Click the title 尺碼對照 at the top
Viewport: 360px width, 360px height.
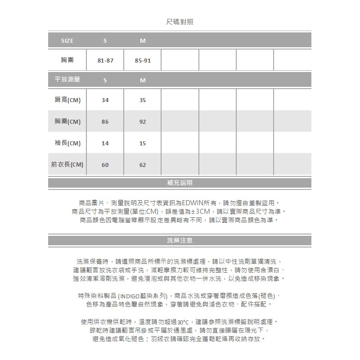[180, 22]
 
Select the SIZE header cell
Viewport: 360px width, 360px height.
[67, 40]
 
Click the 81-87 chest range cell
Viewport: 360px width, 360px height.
[105, 60]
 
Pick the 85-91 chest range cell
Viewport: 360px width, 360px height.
[143, 60]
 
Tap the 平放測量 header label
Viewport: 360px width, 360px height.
[67, 80]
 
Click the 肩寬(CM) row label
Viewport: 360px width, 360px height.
[67, 100]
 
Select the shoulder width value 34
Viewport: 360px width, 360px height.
[105, 100]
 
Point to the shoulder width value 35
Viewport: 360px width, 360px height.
[143, 100]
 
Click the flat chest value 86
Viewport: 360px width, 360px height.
[105, 122]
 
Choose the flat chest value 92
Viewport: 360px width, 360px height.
[143, 122]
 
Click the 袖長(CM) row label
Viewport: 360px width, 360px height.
[67, 143]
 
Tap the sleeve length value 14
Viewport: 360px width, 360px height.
[105, 144]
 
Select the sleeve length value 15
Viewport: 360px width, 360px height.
[143, 144]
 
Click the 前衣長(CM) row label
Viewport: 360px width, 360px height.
[67, 165]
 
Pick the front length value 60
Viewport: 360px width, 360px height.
[105, 165]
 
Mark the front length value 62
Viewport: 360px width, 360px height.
[143, 165]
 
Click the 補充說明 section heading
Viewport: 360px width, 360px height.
[180, 183]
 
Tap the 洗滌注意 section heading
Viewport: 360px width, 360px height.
[180, 240]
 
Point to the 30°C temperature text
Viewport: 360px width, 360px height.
[183, 322]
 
